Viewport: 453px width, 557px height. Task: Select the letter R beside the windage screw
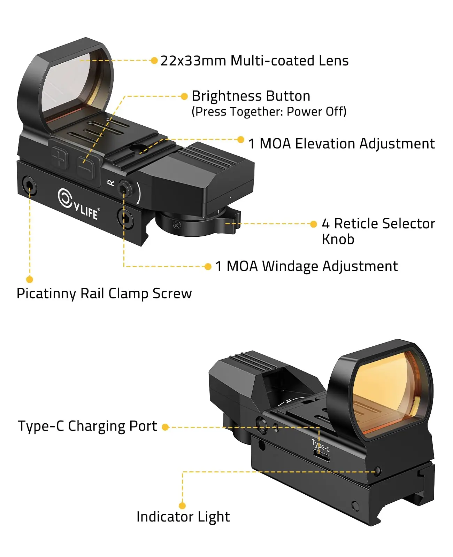point(111,182)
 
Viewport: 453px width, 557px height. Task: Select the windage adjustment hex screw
point(123,189)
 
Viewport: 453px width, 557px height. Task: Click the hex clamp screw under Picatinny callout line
point(29,185)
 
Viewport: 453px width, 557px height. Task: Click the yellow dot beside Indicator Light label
point(182,505)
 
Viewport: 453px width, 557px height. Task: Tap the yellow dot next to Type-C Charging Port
point(166,427)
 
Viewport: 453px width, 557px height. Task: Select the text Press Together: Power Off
point(269,112)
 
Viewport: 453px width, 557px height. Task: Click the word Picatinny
point(46,294)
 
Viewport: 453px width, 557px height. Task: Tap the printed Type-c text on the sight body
point(320,445)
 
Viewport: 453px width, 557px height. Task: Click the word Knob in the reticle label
point(338,240)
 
